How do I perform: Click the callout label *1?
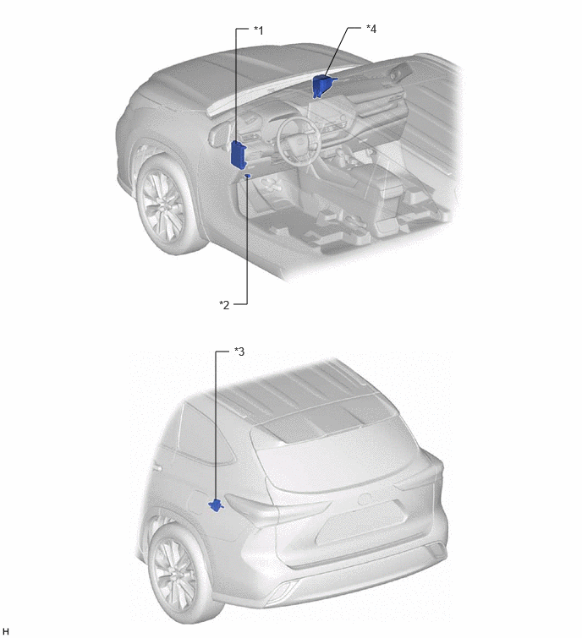tap(259, 30)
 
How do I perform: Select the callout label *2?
tap(224, 305)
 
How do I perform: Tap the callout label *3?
tap(239, 352)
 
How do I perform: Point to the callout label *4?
tap(371, 29)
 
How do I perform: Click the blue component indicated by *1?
tap(239, 154)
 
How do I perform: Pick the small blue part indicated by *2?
tap(248, 176)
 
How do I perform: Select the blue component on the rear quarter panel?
tap(216, 505)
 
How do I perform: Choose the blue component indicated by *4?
tap(321, 85)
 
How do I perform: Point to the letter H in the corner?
tap(5, 631)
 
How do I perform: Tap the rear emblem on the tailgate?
tap(365, 499)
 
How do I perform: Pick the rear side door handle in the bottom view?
tap(156, 469)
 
